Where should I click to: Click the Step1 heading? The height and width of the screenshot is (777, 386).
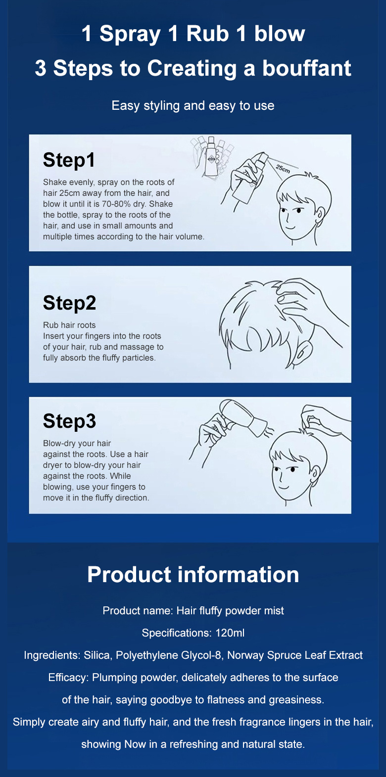click(69, 160)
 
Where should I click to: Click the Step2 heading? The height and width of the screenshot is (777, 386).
click(69, 303)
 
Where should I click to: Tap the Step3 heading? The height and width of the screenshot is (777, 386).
click(69, 421)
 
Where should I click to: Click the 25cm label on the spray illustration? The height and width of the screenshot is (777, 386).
click(283, 169)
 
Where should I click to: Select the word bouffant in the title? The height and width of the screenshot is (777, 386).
click(306, 68)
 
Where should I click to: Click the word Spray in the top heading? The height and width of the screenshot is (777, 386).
click(130, 35)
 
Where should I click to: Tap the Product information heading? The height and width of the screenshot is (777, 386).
click(193, 574)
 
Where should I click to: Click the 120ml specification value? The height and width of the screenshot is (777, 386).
click(230, 633)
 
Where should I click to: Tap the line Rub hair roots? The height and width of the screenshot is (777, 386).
click(69, 325)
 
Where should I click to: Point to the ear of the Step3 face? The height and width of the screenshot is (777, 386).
click(315, 473)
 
